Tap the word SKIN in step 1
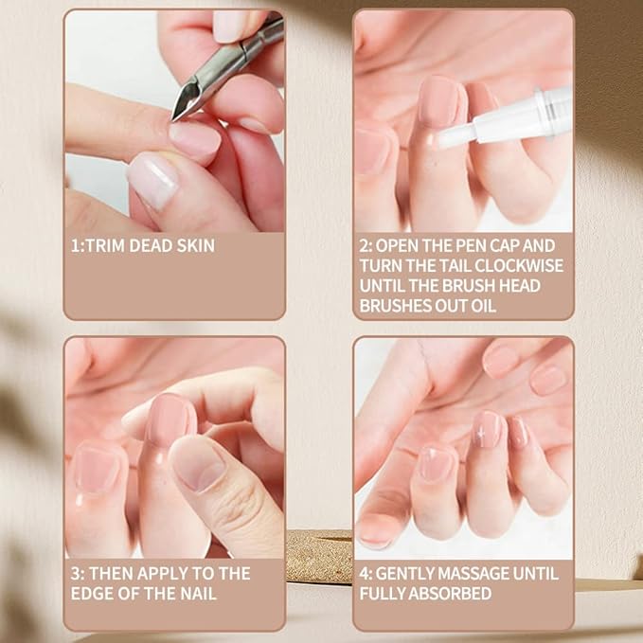(x=194, y=246)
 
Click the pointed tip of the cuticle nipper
(x=177, y=116)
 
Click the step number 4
(x=365, y=574)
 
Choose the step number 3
(x=76, y=574)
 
